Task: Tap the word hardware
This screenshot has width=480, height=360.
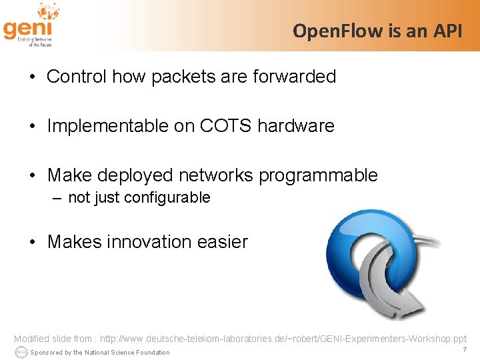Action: (x=295, y=126)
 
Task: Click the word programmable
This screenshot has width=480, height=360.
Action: (x=318, y=175)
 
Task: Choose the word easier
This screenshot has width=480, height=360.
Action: (x=223, y=242)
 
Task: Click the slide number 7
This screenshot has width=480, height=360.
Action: (x=463, y=350)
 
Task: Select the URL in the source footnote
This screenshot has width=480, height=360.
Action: (x=283, y=339)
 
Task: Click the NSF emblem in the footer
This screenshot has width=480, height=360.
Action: (x=21, y=351)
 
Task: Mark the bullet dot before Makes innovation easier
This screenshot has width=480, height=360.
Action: (x=33, y=242)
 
